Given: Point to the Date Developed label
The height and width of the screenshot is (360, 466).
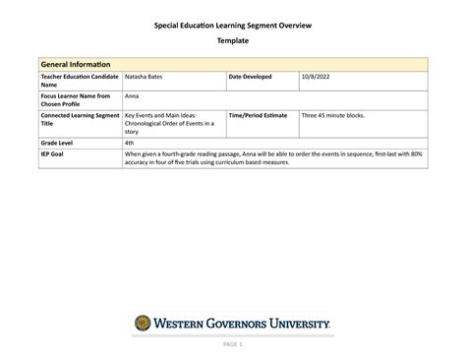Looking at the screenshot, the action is click(255, 77).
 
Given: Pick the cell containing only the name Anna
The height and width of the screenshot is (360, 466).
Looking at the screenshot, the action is click(132, 96).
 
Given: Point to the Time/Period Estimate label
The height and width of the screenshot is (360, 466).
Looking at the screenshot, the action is click(259, 116).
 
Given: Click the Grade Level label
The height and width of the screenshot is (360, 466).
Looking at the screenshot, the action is click(58, 144).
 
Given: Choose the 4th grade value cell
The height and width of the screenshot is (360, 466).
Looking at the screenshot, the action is click(130, 144).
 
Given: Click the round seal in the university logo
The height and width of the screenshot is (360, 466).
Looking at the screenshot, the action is click(144, 323).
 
